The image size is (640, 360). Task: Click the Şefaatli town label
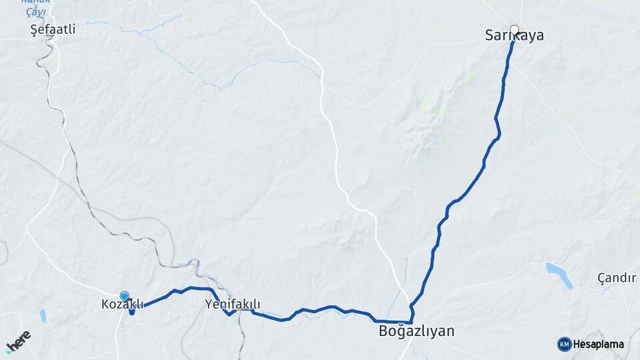point(53,30)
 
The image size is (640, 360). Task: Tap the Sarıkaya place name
point(514,36)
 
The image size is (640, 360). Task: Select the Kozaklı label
point(122,305)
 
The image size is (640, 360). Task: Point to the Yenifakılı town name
point(232,305)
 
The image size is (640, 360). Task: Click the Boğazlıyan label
point(416,331)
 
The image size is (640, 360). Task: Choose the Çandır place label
point(617,278)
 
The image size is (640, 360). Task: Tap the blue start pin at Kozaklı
point(125,296)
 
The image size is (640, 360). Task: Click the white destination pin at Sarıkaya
point(514,29)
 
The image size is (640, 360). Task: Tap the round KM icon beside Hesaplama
point(564,344)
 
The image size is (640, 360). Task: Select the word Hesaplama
point(599,345)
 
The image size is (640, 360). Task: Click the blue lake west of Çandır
point(559,275)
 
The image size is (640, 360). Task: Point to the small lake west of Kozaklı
point(43,316)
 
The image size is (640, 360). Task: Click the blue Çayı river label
point(35,11)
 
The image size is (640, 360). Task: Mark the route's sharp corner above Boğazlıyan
point(411,321)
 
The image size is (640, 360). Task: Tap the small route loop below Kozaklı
point(132,311)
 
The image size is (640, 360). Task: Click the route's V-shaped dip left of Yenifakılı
point(228,313)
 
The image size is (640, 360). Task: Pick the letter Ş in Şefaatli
point(35,30)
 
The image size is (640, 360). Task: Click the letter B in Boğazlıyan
point(383,331)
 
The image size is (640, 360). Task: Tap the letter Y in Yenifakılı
point(208,305)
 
